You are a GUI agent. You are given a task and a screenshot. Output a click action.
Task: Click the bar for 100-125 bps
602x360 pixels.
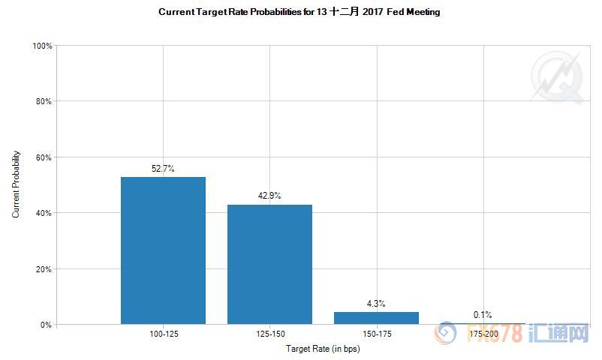pos(163,250)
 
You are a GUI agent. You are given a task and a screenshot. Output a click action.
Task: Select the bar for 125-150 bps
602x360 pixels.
pos(269,264)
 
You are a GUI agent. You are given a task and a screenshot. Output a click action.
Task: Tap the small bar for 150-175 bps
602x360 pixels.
pos(376,318)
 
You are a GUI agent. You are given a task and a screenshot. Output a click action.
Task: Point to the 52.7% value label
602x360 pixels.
pos(163,169)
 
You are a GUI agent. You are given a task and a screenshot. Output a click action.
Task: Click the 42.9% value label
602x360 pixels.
pos(269,196)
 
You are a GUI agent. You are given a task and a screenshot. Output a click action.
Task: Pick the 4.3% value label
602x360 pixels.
pos(376,304)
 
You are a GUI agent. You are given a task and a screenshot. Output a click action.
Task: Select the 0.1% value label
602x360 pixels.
pos(483,315)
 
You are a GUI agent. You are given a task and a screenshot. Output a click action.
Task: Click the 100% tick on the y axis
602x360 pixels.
pos(43,46)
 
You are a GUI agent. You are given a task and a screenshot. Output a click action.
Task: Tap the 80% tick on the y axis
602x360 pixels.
pos(44,101)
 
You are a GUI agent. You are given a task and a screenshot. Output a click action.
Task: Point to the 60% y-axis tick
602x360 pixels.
pos(44,157)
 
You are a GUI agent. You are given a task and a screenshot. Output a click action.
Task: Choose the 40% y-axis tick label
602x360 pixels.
pos(44,213)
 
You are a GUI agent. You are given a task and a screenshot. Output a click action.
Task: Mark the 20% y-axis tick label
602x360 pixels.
pos(44,269)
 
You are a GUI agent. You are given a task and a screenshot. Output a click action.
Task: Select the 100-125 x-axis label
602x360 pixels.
pos(163,333)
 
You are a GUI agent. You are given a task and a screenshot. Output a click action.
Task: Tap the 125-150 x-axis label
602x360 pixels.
pos(269,333)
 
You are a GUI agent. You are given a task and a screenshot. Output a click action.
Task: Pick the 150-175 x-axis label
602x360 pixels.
pos(376,333)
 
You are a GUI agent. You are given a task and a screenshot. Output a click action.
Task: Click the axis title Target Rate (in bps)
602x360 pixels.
pos(323,349)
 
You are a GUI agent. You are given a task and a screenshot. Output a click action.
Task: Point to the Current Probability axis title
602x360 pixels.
pos(17,184)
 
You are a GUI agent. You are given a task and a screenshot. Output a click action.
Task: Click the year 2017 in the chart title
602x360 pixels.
pos(363,12)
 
